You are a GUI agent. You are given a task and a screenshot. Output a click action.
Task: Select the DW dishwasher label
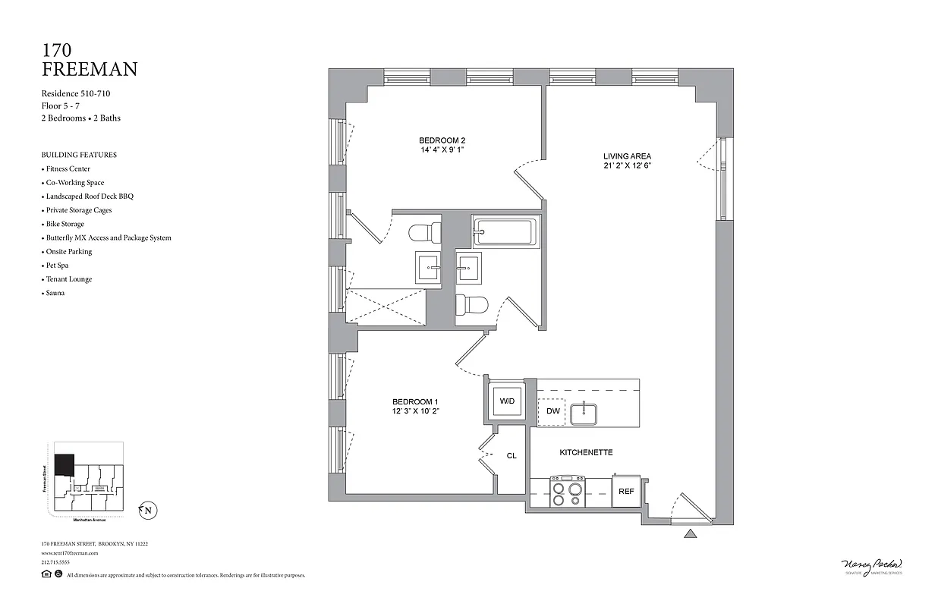(x=552, y=411)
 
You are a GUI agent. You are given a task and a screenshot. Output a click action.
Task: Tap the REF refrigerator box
(x=626, y=491)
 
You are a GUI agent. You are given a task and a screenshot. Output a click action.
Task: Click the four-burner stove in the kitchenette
(x=567, y=492)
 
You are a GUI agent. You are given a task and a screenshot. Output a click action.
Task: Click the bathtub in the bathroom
(x=505, y=231)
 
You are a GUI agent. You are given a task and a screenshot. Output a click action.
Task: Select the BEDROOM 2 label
(x=442, y=141)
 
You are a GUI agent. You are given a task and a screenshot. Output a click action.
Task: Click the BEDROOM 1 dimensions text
(x=416, y=411)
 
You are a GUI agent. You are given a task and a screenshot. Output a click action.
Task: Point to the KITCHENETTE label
(x=586, y=452)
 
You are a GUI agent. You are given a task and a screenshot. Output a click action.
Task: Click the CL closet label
(x=511, y=456)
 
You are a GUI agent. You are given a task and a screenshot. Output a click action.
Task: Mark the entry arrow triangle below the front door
(x=691, y=533)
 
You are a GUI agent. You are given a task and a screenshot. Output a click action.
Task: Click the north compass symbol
(x=147, y=511)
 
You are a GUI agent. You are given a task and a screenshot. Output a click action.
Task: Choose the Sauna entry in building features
(x=55, y=293)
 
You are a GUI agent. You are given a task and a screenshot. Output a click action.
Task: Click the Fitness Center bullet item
(x=68, y=168)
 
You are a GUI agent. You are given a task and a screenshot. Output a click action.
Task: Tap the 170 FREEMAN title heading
(x=89, y=60)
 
